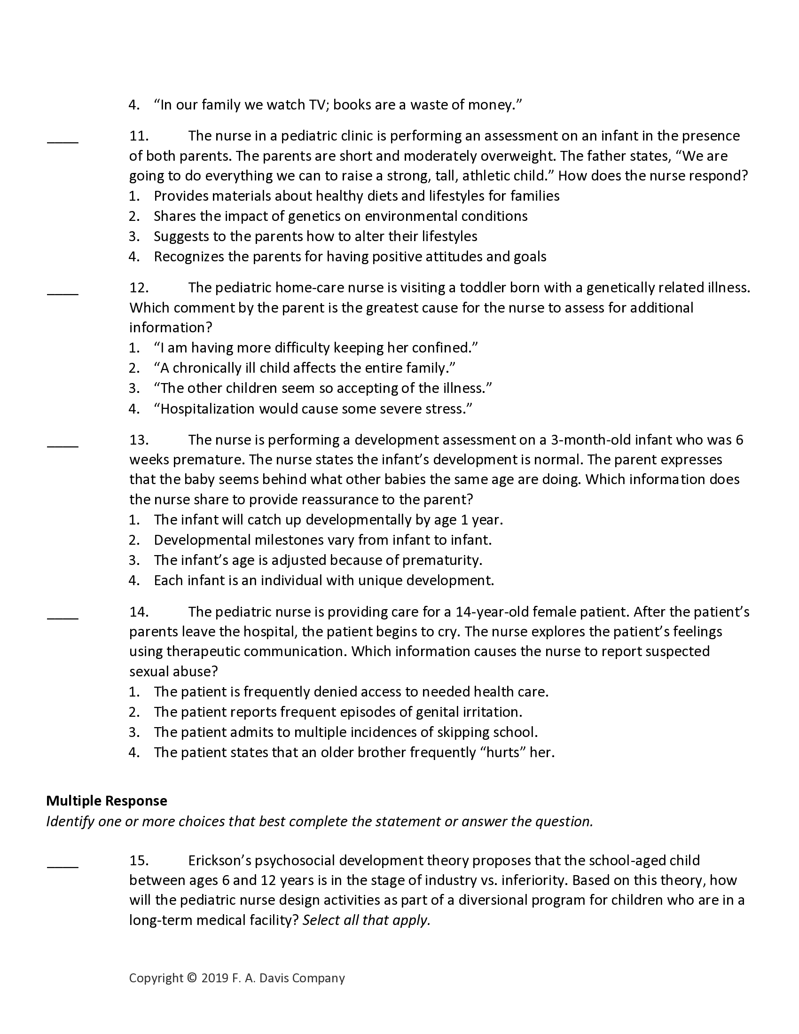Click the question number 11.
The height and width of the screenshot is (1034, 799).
click(139, 136)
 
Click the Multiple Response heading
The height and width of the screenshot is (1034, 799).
click(107, 800)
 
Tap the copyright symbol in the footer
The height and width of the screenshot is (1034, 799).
click(191, 978)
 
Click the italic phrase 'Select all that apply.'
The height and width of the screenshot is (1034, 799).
click(367, 920)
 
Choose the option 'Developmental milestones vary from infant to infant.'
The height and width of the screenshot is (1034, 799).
click(322, 540)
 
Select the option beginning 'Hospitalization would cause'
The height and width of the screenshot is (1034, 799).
click(313, 408)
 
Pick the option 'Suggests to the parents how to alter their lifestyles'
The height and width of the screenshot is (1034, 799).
click(315, 236)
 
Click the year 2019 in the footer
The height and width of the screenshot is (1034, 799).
click(214, 978)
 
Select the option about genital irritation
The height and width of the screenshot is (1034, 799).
click(338, 712)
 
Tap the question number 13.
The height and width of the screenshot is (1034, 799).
click(139, 440)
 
